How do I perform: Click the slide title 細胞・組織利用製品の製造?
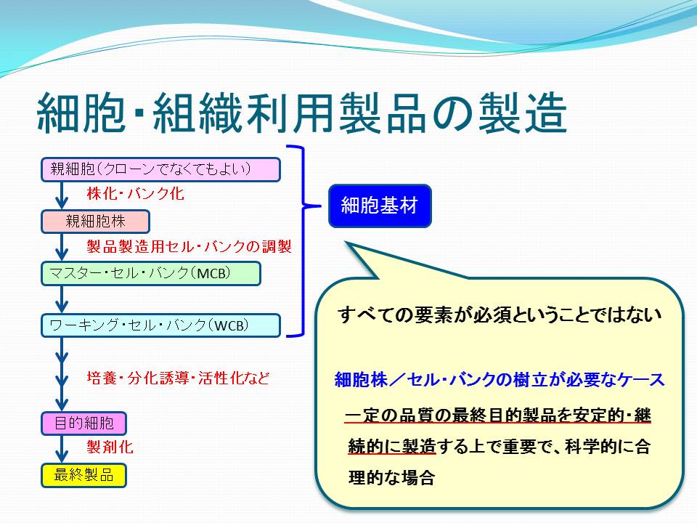(x=302, y=113)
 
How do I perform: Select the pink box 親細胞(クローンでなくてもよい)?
(x=161, y=169)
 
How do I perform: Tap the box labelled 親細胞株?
(x=96, y=222)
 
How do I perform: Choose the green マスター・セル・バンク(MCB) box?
(x=151, y=273)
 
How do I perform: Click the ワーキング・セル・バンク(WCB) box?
(x=161, y=325)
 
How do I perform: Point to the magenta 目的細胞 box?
(x=84, y=423)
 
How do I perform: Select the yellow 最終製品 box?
(x=84, y=475)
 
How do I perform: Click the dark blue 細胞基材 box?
(x=380, y=206)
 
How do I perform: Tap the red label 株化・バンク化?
(x=136, y=193)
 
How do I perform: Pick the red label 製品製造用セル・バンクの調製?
(x=189, y=246)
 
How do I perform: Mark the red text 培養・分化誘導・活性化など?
(x=179, y=378)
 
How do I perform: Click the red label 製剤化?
(x=110, y=447)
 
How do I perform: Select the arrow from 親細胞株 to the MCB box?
(x=62, y=247)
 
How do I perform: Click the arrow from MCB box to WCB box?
(x=62, y=299)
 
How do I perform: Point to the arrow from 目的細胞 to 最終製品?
(x=62, y=449)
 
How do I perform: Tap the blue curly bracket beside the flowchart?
(x=303, y=240)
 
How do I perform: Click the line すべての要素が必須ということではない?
(x=500, y=315)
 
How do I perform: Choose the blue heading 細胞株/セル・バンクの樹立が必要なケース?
(x=500, y=380)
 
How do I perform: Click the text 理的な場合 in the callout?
(x=391, y=478)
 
